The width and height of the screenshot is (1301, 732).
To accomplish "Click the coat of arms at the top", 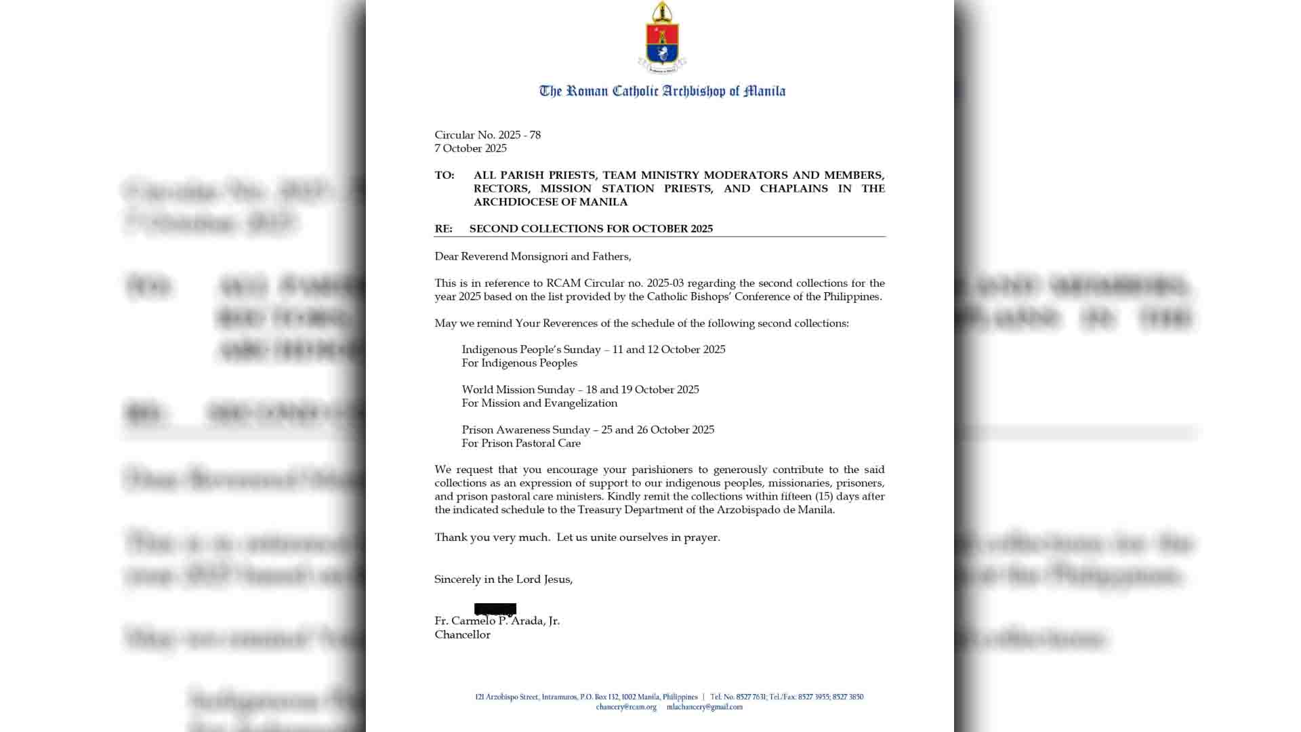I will pos(662,39).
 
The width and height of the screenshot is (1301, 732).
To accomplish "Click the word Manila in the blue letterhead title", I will pos(764,91).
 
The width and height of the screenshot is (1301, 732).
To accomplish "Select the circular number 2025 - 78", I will pos(519,135).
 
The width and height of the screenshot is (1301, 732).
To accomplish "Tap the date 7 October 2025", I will pos(470,148).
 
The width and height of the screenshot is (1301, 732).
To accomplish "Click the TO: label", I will pos(445,176).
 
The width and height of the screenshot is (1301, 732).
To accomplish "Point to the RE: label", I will pos(443,229).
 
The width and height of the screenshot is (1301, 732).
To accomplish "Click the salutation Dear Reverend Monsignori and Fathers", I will pos(533,256).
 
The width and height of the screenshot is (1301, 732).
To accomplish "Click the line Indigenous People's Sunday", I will pos(594,350).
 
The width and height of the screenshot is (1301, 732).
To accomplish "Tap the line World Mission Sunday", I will pos(580,390).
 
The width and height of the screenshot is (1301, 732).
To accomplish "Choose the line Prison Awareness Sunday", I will pos(587,430).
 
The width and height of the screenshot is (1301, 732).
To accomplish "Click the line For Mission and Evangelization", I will pos(539,403).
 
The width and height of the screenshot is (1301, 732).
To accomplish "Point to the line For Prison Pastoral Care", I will pos(521,443).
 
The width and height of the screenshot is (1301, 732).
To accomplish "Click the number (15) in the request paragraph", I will pos(824,496).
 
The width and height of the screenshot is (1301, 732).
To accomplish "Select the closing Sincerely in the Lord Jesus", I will pos(503,579).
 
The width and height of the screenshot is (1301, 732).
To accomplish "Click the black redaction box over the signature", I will pos(495,609).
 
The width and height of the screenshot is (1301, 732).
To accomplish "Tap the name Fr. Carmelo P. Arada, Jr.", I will pos(497,621).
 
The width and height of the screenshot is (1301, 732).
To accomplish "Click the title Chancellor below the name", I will pos(462,635).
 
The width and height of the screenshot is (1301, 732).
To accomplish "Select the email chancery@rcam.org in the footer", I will pos(626,707).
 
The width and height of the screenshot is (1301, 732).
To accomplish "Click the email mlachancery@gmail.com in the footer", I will pos(704,707).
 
